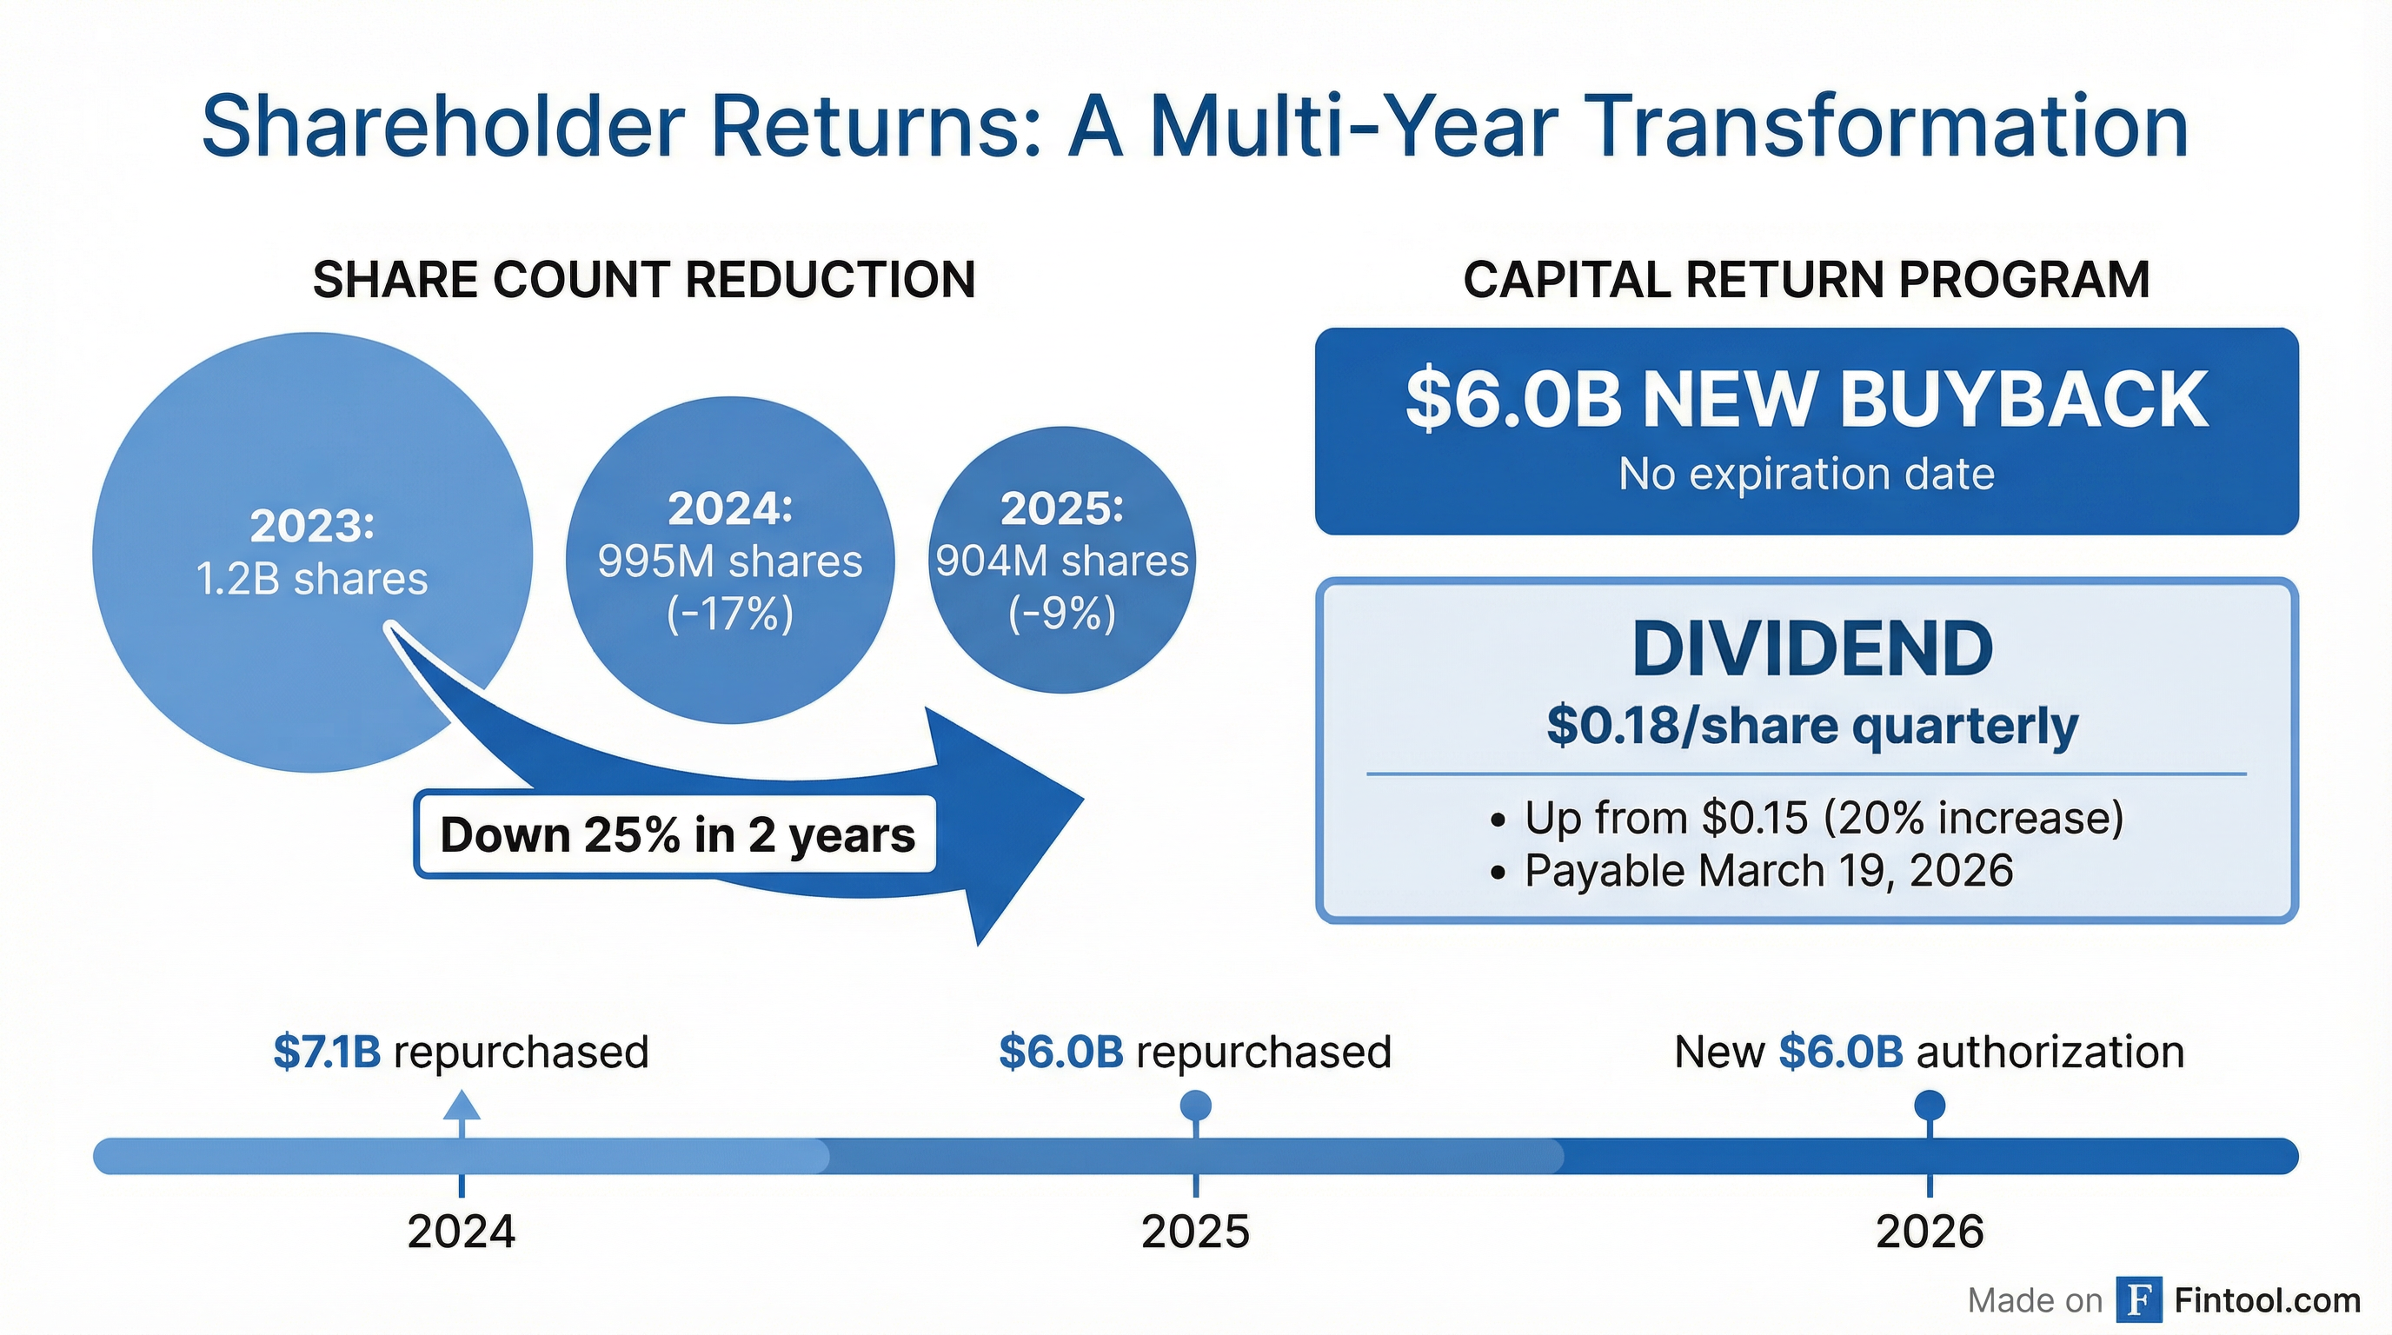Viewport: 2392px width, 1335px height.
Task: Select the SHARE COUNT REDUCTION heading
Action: (x=643, y=280)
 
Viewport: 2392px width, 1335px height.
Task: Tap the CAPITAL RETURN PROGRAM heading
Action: (x=1806, y=280)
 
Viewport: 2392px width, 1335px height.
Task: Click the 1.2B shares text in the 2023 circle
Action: (x=312, y=580)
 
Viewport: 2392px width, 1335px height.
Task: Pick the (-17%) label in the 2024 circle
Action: (x=730, y=614)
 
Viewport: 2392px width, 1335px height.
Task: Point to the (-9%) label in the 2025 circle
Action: (x=1061, y=614)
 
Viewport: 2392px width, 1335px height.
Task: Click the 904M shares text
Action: (x=1061, y=561)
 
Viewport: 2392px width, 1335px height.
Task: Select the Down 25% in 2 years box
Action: (x=676, y=834)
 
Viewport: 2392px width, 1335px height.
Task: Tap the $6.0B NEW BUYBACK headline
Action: (x=1806, y=400)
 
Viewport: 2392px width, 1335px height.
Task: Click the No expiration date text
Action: (x=1806, y=475)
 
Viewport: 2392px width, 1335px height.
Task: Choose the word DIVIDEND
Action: (x=1811, y=649)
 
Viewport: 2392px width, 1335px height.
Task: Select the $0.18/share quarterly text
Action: (x=1811, y=725)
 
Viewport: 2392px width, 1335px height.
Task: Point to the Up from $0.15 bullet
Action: (x=1823, y=818)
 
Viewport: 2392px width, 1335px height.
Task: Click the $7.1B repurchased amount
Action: (x=327, y=1052)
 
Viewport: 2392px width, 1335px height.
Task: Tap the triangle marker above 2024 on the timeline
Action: (x=462, y=1106)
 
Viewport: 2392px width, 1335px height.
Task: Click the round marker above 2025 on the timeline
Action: (x=1195, y=1106)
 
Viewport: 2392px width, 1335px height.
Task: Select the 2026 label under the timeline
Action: (x=1930, y=1232)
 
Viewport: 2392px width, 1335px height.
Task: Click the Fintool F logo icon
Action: (x=2138, y=1299)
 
